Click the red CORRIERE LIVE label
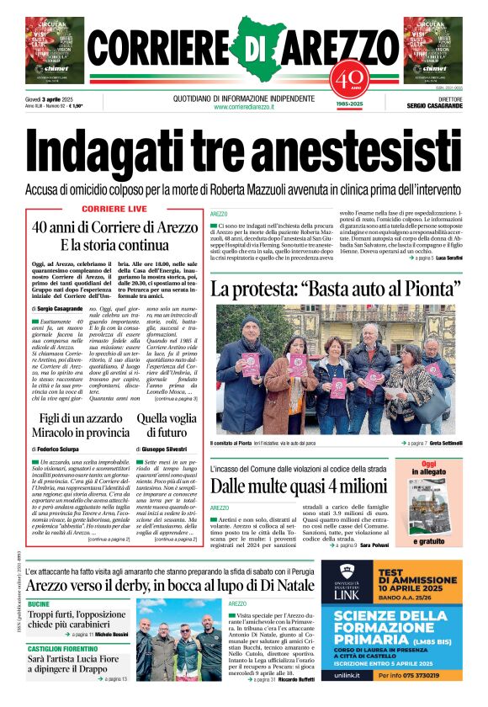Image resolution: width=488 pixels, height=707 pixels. click(x=115, y=208)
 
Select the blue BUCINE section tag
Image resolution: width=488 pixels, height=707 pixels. click(x=39, y=604)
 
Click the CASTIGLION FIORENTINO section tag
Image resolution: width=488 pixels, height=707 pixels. click(x=64, y=649)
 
